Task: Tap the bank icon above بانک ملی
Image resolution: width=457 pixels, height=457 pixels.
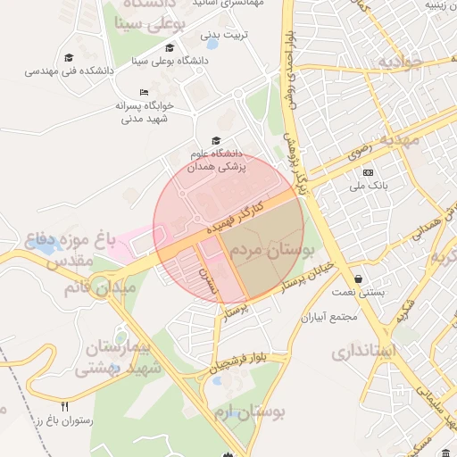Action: tap(368, 172)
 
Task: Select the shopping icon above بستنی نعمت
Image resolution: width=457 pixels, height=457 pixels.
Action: tap(358, 278)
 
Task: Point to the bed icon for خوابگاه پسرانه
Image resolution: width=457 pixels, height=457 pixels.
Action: tap(144, 93)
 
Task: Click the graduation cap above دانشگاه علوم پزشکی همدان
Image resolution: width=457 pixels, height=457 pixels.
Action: tap(214, 140)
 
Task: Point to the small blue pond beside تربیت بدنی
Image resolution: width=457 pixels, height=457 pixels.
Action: tap(212, 43)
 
